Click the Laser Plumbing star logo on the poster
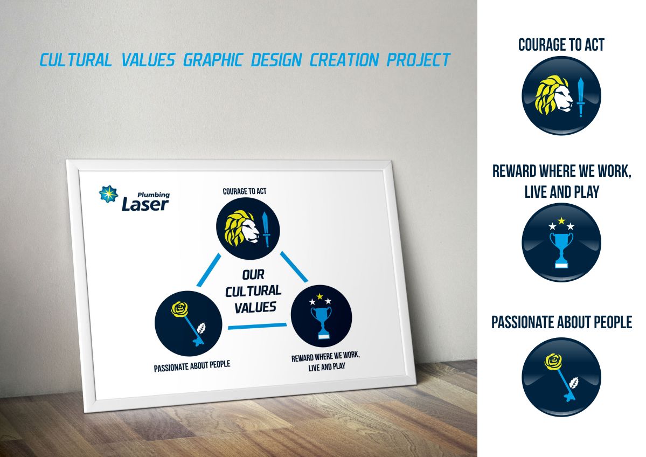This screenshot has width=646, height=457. pos(108,194)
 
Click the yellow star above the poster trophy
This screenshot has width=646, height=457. pos(320,296)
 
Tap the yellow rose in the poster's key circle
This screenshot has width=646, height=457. pos(179,308)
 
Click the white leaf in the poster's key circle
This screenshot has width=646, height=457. pos(203,328)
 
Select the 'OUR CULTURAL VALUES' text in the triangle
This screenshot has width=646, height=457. pos(253,291)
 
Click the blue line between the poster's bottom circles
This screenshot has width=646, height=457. pos(256,325)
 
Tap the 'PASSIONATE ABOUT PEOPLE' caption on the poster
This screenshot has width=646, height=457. pos(192,366)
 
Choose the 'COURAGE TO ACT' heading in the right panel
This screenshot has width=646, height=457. pos(561,45)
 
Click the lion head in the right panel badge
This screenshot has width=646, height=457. pos(554,96)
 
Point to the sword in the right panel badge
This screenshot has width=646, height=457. pos(580,97)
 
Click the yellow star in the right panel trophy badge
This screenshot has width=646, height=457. pos(561,220)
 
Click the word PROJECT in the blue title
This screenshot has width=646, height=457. pos(418,60)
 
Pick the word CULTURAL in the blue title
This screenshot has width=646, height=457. pos(75,60)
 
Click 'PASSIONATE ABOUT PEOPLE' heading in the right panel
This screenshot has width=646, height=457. pos(561,322)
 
